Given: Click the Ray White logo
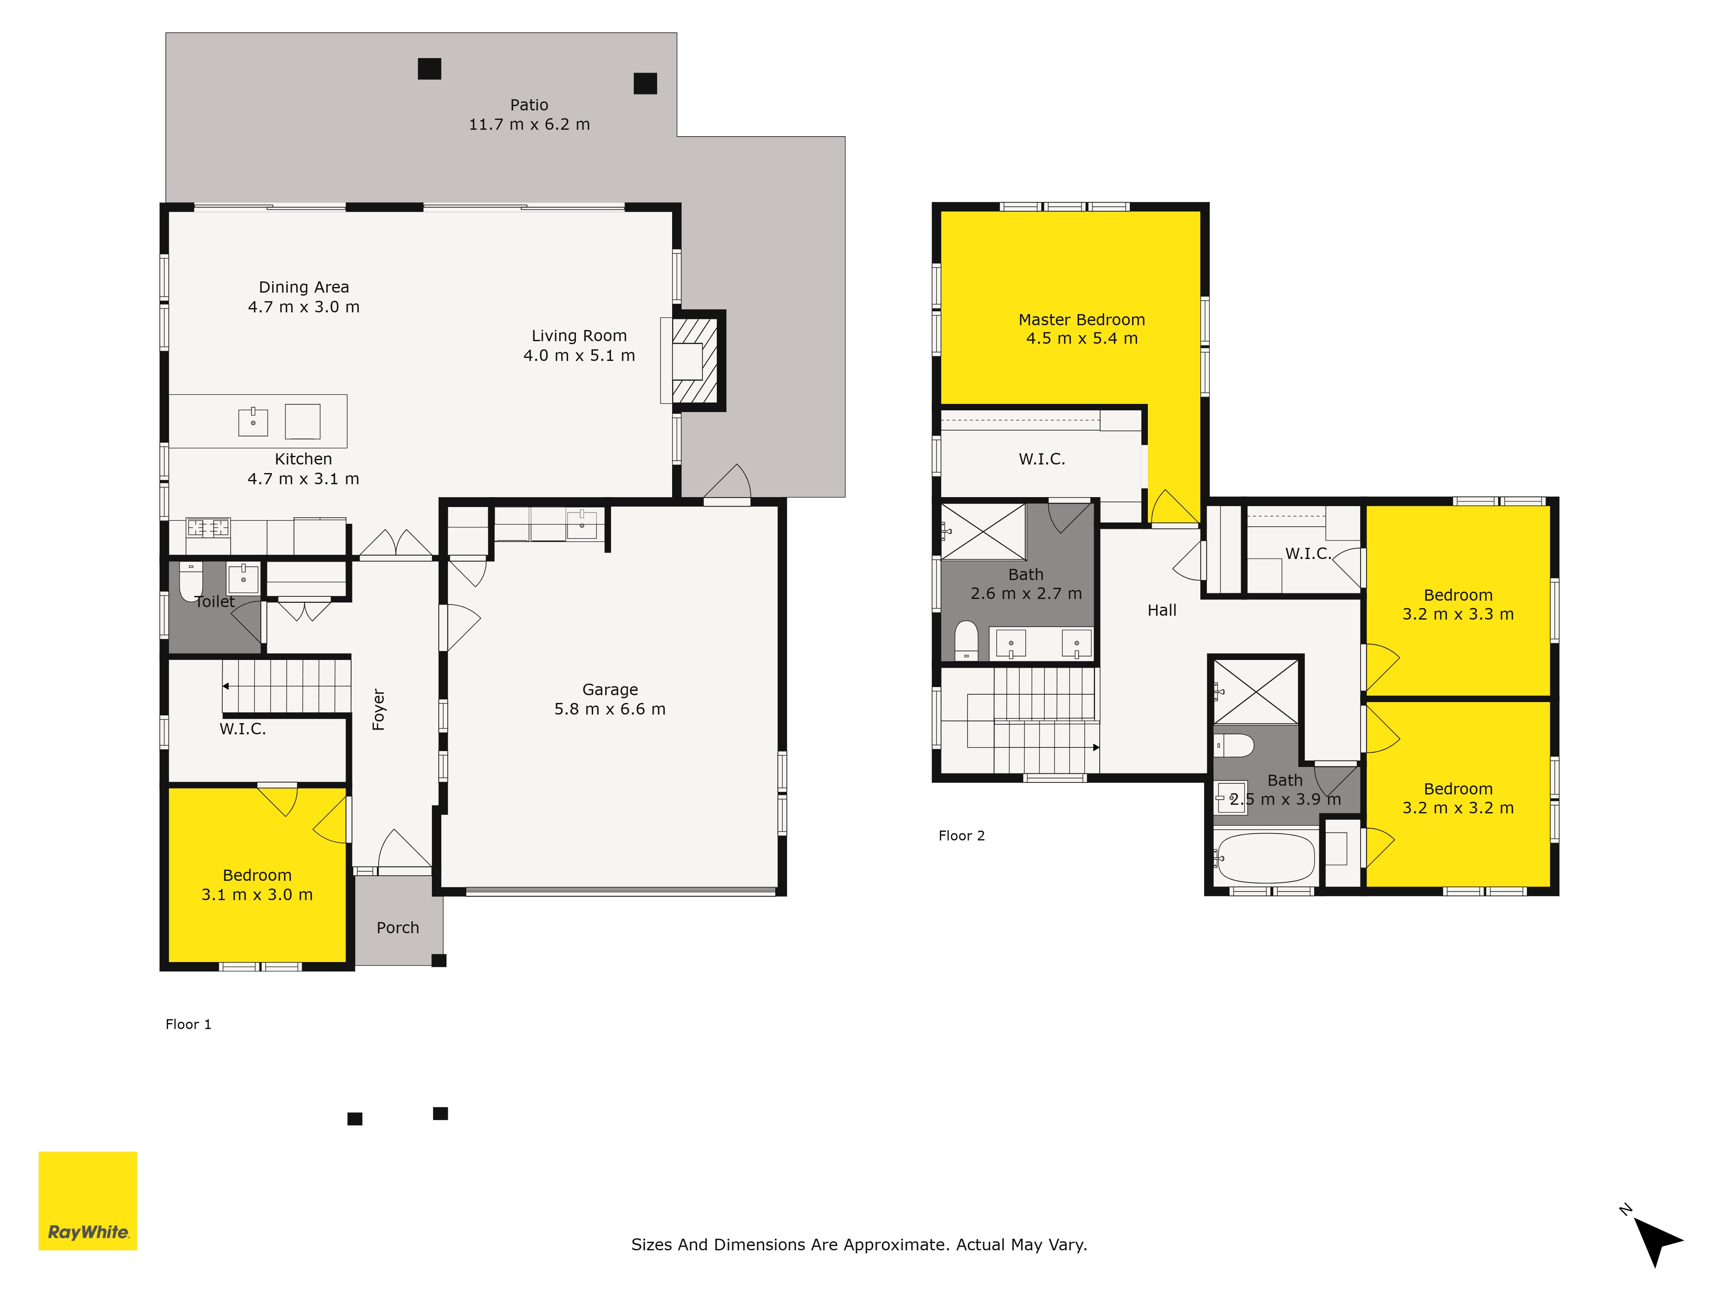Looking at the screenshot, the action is click(88, 1200).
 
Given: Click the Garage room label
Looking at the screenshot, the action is click(610, 689).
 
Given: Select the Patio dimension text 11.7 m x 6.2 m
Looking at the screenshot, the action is click(529, 124).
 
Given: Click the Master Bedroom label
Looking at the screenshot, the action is click(1082, 319).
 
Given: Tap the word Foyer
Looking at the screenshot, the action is click(379, 709).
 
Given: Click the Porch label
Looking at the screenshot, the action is click(398, 928).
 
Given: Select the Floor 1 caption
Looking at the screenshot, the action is click(188, 1024).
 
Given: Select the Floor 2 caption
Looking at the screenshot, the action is click(961, 835).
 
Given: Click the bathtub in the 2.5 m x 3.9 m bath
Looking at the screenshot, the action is click(1266, 858).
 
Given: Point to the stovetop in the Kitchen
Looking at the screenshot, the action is click(208, 528).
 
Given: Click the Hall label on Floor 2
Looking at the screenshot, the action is click(1162, 610).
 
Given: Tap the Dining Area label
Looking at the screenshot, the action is click(304, 287).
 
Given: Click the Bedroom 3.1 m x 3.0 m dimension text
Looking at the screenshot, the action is click(257, 894).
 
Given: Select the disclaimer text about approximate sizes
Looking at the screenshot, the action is click(859, 1244).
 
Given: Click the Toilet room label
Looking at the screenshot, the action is click(214, 602).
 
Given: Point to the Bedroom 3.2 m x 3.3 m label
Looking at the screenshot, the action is click(1458, 595).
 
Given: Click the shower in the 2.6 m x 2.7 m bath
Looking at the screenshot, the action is click(983, 531).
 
